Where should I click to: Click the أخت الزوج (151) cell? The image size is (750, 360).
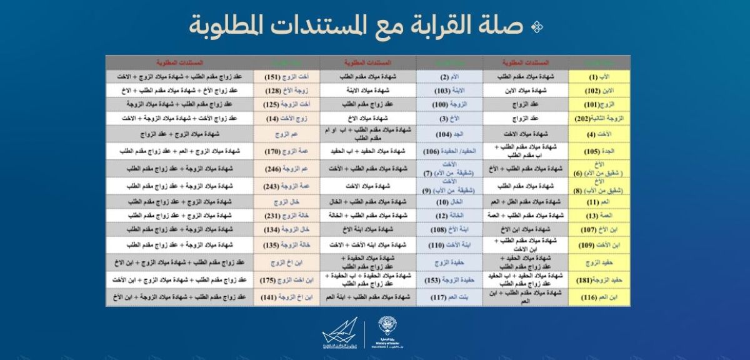click(x=286, y=76)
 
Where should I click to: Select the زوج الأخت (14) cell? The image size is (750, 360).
click(x=286, y=117)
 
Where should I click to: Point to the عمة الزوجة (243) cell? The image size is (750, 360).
click(x=286, y=186)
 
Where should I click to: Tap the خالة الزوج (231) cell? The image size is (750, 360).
click(x=286, y=216)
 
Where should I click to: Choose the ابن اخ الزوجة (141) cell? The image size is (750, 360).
click(x=286, y=297)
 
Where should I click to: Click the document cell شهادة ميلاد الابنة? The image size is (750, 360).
click(x=368, y=90)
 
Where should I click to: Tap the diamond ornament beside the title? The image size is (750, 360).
click(x=536, y=27)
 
